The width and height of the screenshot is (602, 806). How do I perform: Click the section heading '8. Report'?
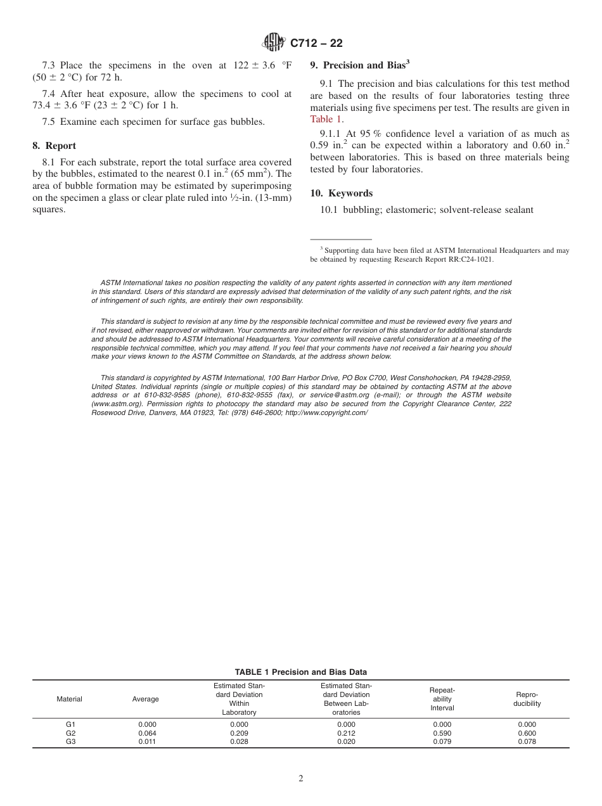tap(54, 146)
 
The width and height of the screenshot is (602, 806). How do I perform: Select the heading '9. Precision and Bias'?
tap(359, 65)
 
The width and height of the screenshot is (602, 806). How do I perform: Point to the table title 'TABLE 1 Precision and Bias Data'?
tap(300, 672)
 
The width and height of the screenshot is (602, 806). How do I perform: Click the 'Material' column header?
tap(70, 699)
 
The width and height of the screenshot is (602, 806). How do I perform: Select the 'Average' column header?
tap(145, 699)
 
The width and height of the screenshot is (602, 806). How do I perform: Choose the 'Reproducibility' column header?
tap(527, 699)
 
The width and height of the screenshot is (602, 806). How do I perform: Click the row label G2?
tap(70, 733)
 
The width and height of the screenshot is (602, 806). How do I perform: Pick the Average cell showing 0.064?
tap(147, 733)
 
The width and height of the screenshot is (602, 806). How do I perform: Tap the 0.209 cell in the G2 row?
tap(239, 733)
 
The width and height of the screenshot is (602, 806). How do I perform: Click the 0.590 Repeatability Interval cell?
tap(442, 733)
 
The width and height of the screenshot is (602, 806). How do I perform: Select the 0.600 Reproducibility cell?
tap(527, 733)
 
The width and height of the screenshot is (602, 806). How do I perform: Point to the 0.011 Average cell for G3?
tap(147, 742)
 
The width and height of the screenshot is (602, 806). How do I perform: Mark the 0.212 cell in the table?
tap(346, 733)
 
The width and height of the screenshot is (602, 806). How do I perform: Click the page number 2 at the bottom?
tap(301, 779)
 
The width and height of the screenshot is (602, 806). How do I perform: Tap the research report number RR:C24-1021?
tap(466, 259)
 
